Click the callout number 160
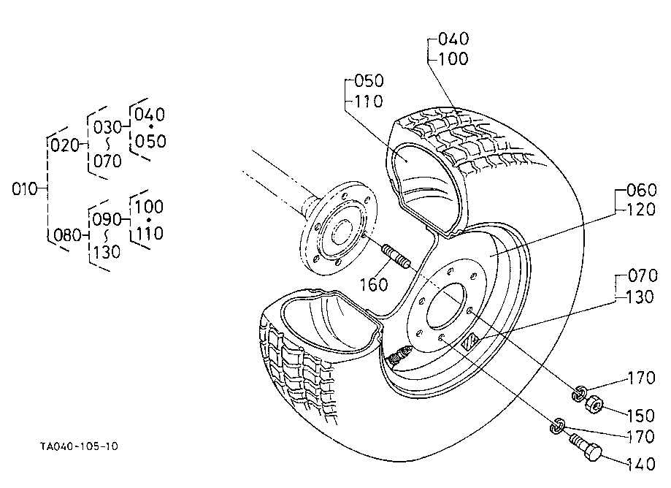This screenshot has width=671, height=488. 374,285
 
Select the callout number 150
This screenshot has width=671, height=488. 640,416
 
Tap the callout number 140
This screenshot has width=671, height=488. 640,464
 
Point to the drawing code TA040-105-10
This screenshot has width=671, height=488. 79,446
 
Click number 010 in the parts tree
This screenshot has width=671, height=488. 25,188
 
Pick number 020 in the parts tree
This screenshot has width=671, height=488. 65,145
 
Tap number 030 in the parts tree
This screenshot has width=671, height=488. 108,127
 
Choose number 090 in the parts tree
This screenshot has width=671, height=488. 107,220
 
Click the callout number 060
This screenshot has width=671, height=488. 642,190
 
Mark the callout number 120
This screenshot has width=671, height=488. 640,210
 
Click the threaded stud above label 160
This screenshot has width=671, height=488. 396,256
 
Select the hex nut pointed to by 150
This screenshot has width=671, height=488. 594,405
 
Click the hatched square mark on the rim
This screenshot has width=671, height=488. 470,342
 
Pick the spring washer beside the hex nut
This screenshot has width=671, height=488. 579,393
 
